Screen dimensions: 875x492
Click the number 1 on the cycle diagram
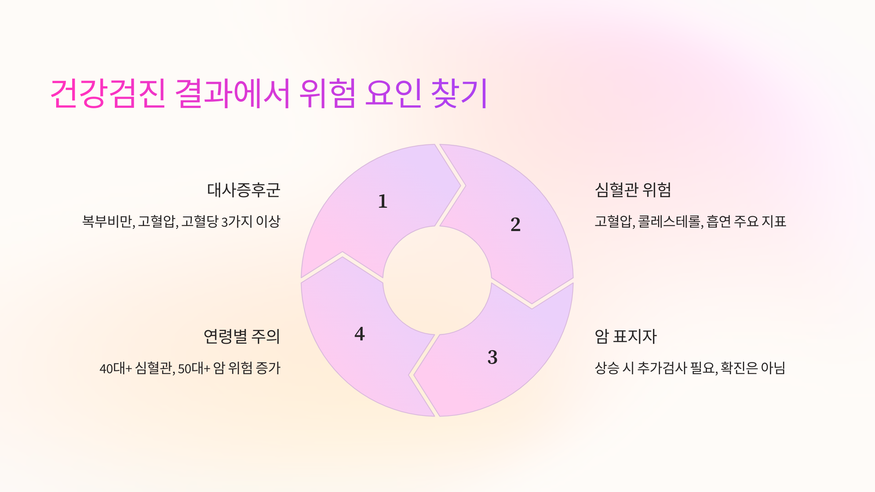point(382,201)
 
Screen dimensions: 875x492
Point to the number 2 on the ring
point(516,224)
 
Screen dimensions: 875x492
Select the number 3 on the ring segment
point(493,357)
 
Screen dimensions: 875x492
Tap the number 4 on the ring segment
point(359,334)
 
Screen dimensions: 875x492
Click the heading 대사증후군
point(244,190)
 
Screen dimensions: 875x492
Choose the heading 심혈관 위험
point(633,190)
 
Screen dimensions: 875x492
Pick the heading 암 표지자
point(626,336)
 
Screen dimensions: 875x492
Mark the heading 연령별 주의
point(242,336)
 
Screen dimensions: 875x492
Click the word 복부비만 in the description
point(108,222)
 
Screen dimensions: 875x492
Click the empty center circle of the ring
point(437,280)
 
